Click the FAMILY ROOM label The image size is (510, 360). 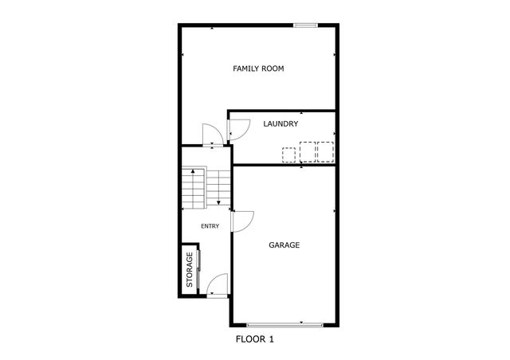point(258,68)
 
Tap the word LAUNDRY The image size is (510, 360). point(280,124)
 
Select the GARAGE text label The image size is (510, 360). point(284,245)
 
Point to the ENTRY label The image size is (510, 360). point(210,226)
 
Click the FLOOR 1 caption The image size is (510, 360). point(255,339)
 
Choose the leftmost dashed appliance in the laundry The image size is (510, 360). point(288,154)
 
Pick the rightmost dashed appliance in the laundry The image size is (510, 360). point(325,151)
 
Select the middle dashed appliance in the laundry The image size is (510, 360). point(308,151)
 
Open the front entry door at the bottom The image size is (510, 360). point(217,285)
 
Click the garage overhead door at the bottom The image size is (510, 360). point(285,325)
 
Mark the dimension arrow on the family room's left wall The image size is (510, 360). point(182,55)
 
